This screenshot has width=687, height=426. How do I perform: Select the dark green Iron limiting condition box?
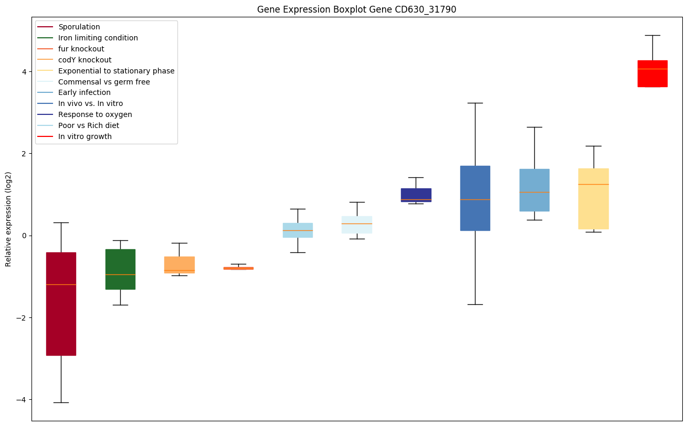click(120, 269)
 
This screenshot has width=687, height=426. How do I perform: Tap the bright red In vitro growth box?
click(652, 73)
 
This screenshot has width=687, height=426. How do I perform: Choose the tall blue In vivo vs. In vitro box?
click(475, 198)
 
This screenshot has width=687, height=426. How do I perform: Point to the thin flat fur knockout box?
click(238, 268)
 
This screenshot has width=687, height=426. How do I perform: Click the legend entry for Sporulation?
click(79, 27)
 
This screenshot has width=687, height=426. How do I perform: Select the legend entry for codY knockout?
click(84, 60)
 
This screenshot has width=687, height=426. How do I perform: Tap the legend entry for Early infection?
click(84, 92)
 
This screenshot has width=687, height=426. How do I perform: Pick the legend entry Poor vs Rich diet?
click(89, 125)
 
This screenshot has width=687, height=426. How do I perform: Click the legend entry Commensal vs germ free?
click(104, 82)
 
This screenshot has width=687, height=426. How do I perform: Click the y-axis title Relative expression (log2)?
click(8, 219)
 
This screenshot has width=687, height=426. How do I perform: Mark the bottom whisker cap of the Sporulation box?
click(61, 402)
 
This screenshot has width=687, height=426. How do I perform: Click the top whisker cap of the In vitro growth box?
click(652, 35)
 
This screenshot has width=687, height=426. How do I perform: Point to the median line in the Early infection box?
click(534, 192)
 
